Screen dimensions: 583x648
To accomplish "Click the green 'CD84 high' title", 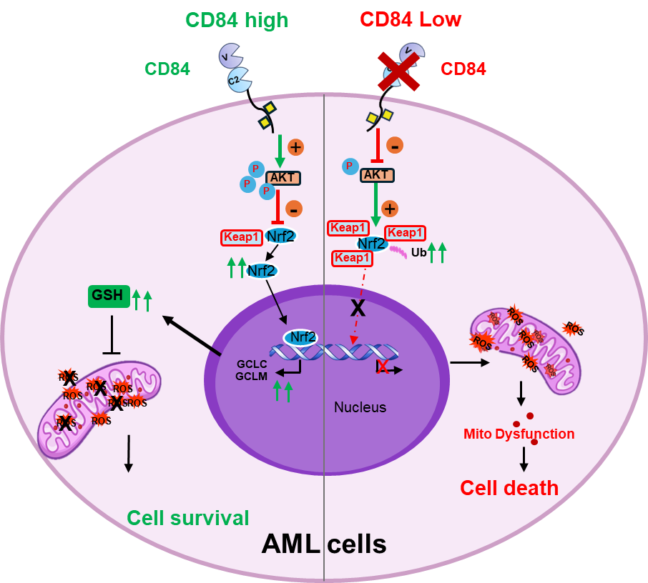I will pos(237,20).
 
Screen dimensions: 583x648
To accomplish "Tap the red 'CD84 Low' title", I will pos(411,19).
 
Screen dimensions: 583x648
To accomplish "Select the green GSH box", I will pos(109,296).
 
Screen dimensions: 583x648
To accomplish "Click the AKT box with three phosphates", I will pos(283,178).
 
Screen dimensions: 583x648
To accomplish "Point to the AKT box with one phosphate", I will pos(377,175).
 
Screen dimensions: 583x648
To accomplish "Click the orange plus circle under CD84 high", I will pos(295,147).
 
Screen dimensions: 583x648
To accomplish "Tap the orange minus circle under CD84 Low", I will pos(394,146).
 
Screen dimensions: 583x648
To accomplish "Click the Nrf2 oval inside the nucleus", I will pos(300,337).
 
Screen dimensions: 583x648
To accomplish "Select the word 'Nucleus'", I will pos(360,407).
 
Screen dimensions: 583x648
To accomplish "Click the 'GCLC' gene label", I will pos(252,363).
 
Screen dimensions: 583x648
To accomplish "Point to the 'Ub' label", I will pos(418,252).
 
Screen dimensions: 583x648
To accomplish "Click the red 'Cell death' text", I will pos(509,488).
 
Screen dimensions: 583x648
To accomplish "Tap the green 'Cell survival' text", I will pos(188,518).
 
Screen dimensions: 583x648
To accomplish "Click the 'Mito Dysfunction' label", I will pos(519,434).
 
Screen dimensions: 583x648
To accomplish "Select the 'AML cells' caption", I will pos(323,544).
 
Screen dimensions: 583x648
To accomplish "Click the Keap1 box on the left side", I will pos(242,237).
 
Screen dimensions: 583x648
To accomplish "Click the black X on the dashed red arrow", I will pos(358,308).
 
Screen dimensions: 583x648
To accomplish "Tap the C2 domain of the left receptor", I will pos(236,80).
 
